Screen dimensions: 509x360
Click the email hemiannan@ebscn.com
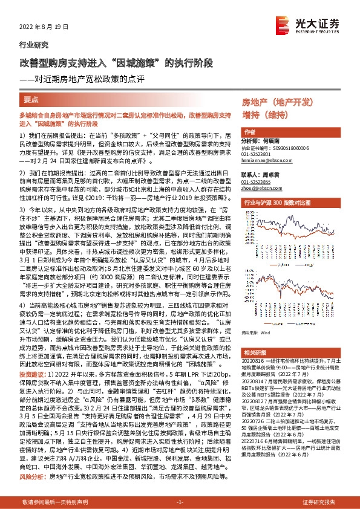tap(267, 161)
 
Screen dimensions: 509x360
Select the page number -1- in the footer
tap(180, 502)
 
